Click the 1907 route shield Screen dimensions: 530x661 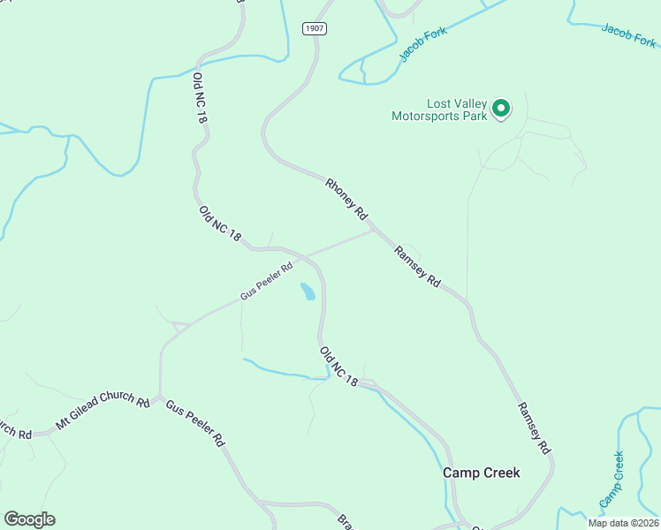(x=315, y=28)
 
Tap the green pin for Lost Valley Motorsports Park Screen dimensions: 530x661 (x=501, y=109)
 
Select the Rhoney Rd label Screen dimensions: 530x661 (x=346, y=200)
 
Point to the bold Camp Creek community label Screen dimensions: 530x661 (x=481, y=473)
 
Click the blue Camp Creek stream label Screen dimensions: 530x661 (x=611, y=480)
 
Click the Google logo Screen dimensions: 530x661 (x=29, y=519)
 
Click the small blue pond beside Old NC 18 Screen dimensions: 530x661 (x=308, y=291)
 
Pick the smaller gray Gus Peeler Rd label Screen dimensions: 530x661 (x=266, y=281)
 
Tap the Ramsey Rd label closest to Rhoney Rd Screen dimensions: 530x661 (x=418, y=266)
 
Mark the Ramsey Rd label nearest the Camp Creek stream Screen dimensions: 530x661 (x=534, y=426)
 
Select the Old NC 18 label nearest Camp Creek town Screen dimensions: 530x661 (x=339, y=366)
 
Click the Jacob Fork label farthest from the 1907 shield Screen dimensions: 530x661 (x=629, y=36)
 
